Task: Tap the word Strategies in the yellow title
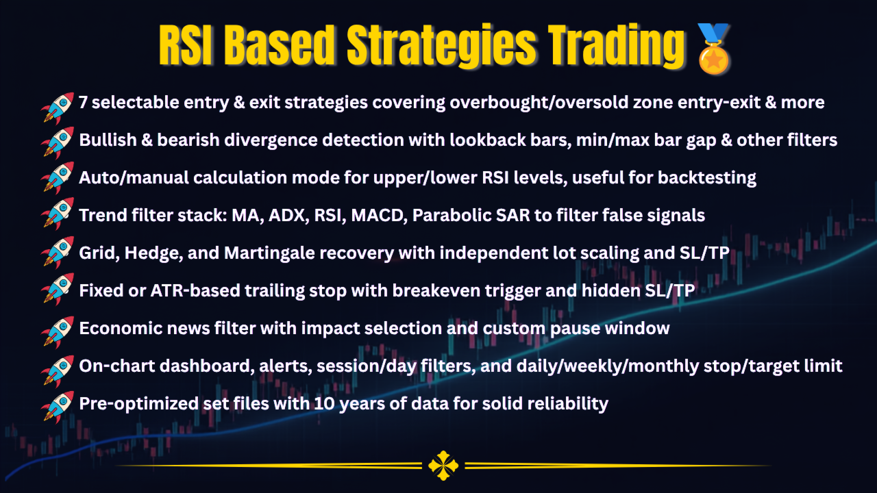pos(442,46)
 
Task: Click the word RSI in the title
pos(186,45)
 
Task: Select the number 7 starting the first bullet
pos(83,103)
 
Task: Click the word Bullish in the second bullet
pos(108,140)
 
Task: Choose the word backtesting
pos(706,178)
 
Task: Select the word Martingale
pos(269,253)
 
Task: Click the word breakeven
pos(436,291)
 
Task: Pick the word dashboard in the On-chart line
pos(204,366)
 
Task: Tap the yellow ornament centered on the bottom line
pos(443,466)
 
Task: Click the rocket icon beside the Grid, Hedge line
pos(57,253)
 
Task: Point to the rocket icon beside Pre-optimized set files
pos(57,407)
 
